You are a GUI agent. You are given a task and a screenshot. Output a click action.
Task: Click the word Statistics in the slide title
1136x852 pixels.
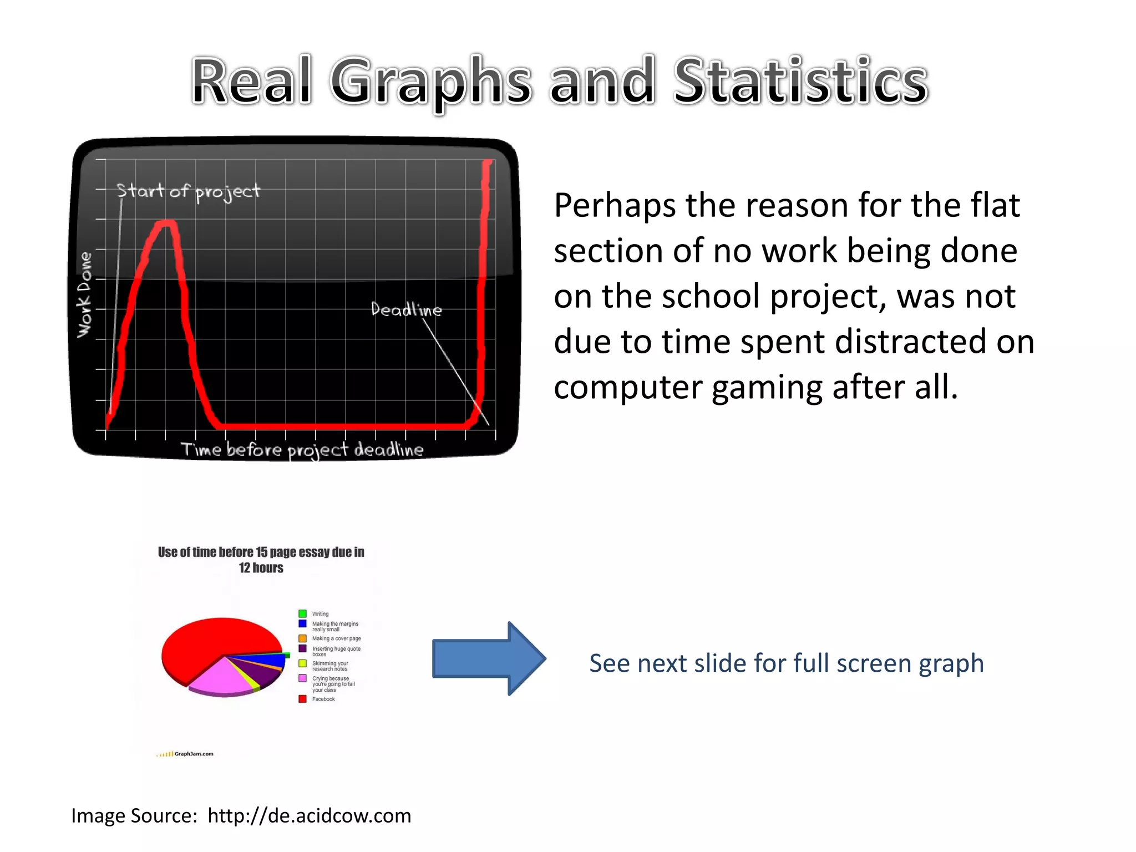(800, 82)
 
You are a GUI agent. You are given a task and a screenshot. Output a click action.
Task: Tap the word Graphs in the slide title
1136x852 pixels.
(430, 82)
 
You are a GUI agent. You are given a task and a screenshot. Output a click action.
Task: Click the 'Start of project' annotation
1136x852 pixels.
(188, 191)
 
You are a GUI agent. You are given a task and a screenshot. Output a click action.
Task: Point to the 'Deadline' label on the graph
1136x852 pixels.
(406, 310)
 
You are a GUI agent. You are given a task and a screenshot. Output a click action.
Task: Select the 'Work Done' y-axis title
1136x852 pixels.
(84, 295)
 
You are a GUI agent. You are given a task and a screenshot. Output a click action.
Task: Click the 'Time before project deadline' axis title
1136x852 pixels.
(302, 450)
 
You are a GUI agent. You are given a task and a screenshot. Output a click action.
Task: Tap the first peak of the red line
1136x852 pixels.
(166, 224)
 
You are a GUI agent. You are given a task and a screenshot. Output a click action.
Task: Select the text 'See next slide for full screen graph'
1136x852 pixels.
(786, 663)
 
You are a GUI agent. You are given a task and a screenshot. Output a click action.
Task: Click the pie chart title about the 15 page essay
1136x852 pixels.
(261, 560)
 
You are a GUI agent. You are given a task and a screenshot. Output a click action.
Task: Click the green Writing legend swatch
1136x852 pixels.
(302, 613)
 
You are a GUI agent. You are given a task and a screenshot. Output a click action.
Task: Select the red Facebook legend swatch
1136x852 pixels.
(302, 699)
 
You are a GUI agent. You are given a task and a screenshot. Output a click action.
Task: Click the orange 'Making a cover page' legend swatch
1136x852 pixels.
(302, 638)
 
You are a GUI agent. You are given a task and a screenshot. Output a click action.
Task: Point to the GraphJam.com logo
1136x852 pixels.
(185, 754)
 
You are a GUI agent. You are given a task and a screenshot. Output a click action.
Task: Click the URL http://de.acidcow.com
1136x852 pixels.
(309, 816)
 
